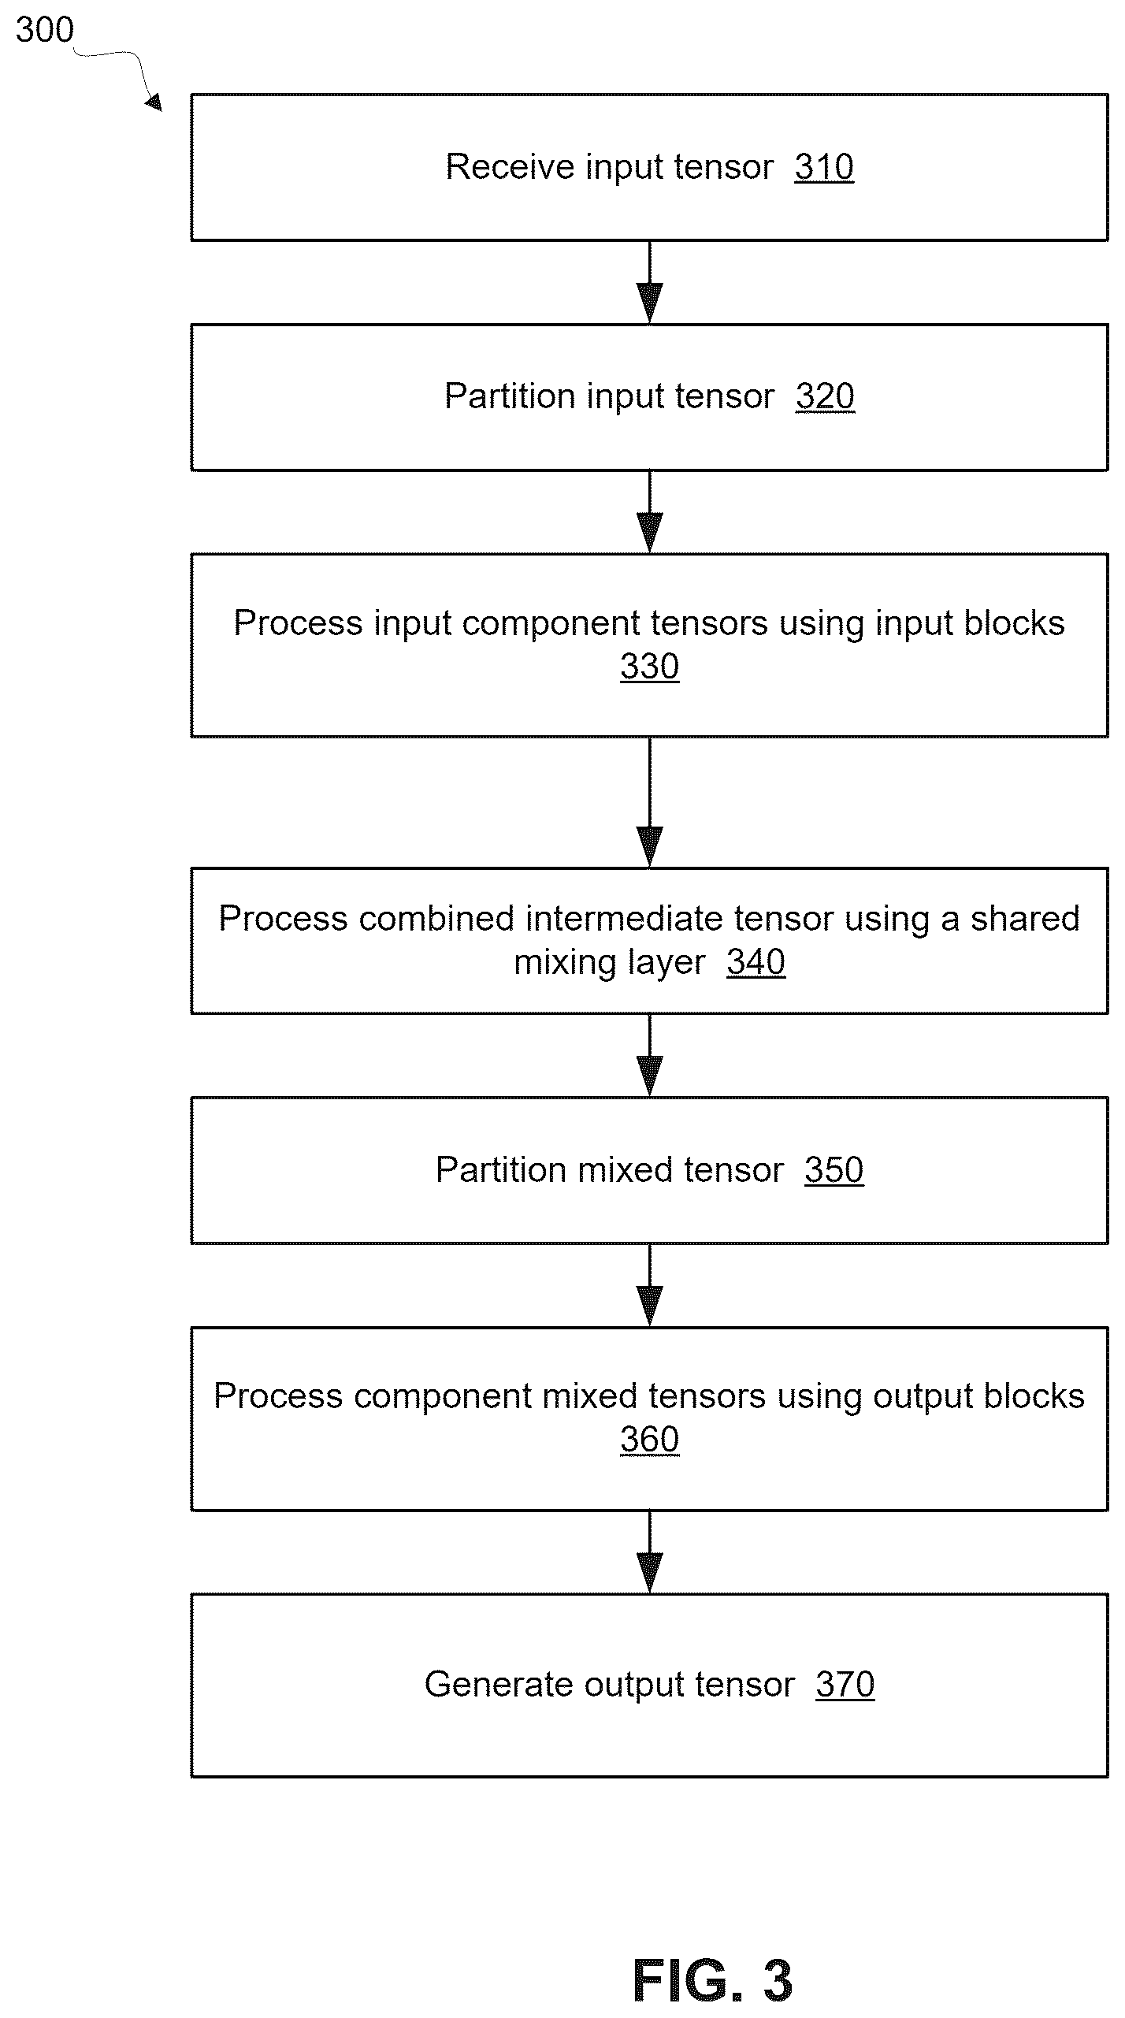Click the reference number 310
click(x=824, y=167)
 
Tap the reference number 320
click(x=825, y=396)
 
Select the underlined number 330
click(x=650, y=667)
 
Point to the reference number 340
click(x=756, y=962)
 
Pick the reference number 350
click(x=834, y=1170)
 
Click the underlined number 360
click(x=650, y=1440)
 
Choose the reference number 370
click(x=845, y=1685)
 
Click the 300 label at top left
click(x=45, y=30)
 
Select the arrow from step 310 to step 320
click(x=650, y=282)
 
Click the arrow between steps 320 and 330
click(x=650, y=512)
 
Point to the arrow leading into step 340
click(x=650, y=802)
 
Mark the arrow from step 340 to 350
click(x=650, y=1055)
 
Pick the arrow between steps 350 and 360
click(x=650, y=1285)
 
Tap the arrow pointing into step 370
click(x=650, y=1552)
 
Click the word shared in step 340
click(x=1025, y=919)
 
